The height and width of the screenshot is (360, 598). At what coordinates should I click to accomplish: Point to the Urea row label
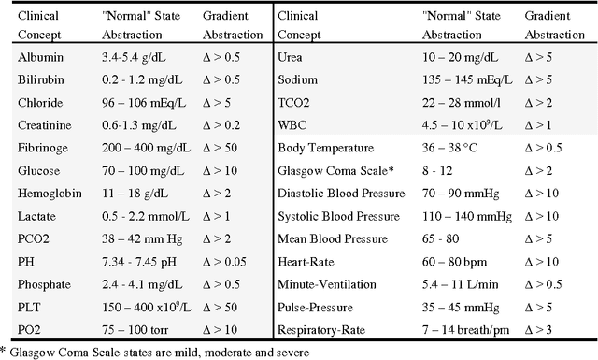click(x=292, y=57)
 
